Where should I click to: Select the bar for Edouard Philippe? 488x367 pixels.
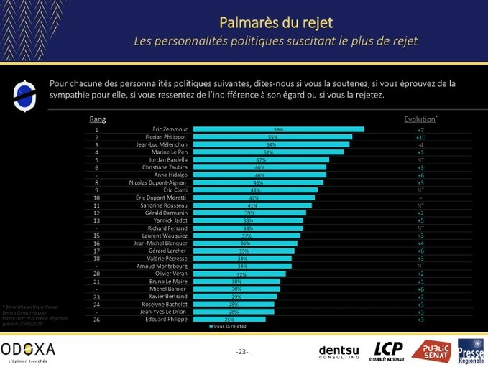tap(229, 319)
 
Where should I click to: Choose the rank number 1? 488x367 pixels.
tap(96, 129)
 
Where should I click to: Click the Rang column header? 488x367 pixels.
tap(97, 119)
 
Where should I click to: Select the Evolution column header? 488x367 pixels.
tap(420, 119)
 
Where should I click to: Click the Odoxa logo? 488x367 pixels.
tap(27, 350)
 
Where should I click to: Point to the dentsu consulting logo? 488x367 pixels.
tap(339, 350)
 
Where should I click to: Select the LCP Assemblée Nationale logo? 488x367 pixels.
tap(389, 350)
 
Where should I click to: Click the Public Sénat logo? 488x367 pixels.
tap(431, 350)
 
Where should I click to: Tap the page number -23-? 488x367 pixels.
tap(242, 351)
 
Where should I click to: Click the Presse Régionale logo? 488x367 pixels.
tap(471, 350)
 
